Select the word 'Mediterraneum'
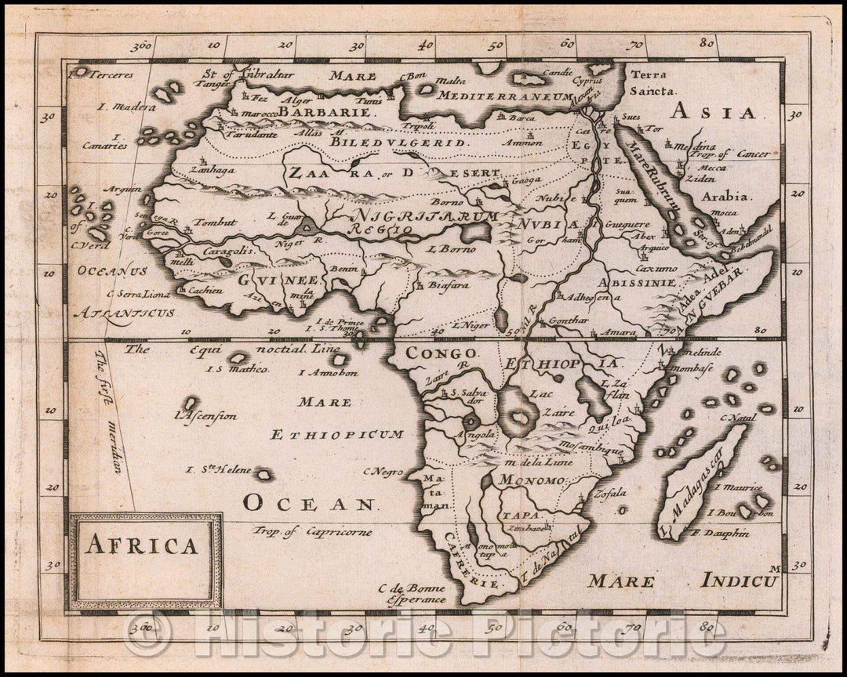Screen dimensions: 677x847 [x=484, y=96]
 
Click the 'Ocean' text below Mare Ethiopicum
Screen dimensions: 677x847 [x=308, y=504]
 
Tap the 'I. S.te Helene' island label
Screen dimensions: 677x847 [x=218, y=470]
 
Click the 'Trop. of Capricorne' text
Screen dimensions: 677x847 [x=312, y=531]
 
